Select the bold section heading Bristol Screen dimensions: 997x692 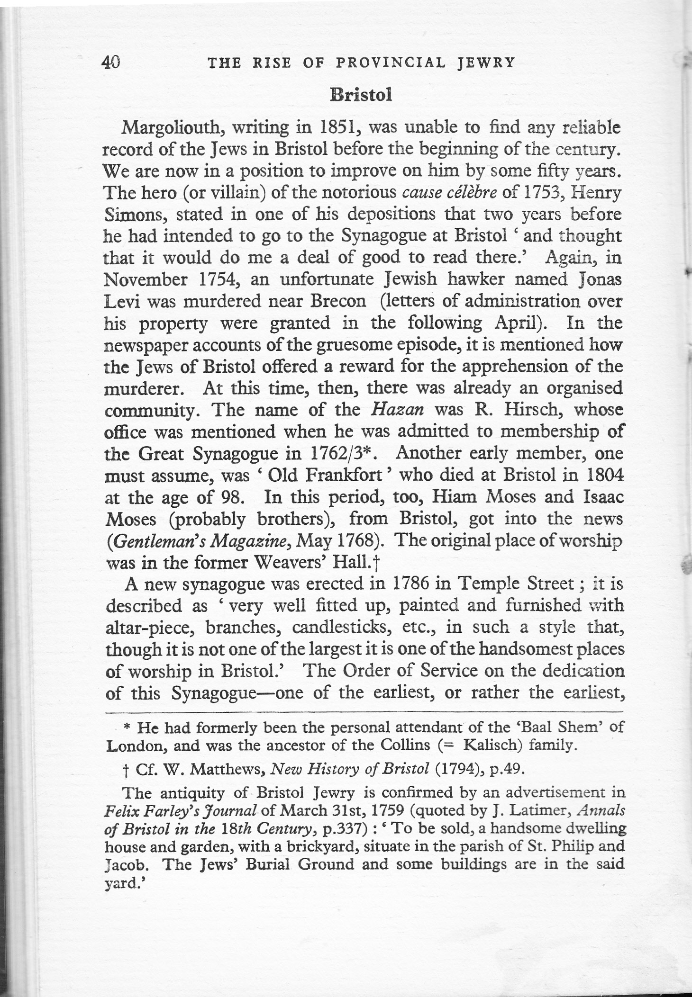click(361, 95)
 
